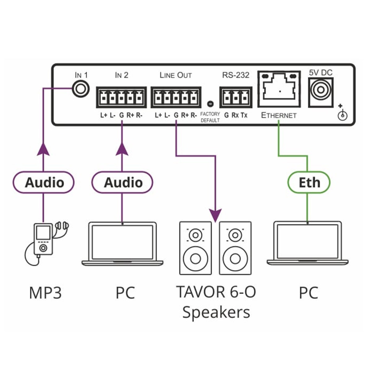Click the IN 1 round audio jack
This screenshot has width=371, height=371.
pyautogui.click(x=81, y=89)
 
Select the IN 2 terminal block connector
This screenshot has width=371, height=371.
pyautogui.click(x=121, y=97)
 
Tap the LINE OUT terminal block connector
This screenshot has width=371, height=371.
pyautogui.click(x=176, y=97)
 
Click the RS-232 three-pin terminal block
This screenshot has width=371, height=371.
pyautogui.click(x=236, y=97)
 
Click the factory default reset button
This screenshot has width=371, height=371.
pyautogui.click(x=210, y=104)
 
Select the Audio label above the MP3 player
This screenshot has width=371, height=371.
pyautogui.click(x=44, y=182)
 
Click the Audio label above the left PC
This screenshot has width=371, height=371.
pyautogui.click(x=122, y=182)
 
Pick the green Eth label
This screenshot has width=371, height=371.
pyautogui.click(x=309, y=182)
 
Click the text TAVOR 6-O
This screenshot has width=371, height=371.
pyautogui.click(x=216, y=292)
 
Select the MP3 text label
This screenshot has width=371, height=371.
pyautogui.click(x=45, y=293)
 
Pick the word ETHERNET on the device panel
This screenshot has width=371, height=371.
pyautogui.click(x=279, y=115)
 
